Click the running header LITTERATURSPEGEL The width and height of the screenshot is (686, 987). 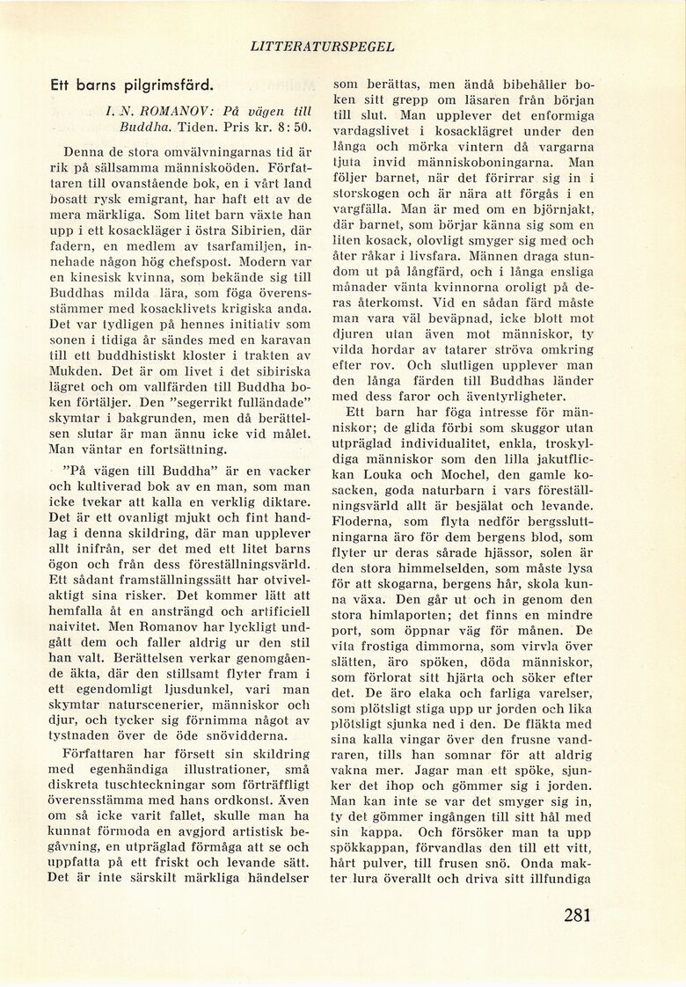pyautogui.click(x=322, y=47)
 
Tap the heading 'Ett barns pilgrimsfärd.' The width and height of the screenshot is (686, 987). pyautogui.click(x=131, y=87)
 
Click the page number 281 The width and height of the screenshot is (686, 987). pyautogui.click(x=576, y=916)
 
